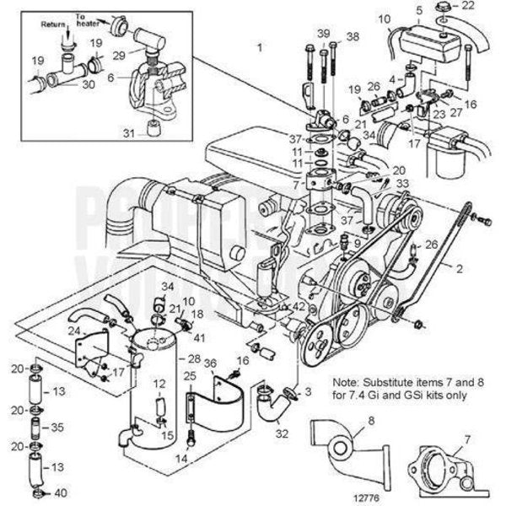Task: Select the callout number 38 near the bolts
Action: point(353,35)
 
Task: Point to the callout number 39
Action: point(324,33)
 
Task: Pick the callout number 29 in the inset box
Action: point(120,53)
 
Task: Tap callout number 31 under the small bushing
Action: point(128,133)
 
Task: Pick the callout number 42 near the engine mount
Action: point(300,308)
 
